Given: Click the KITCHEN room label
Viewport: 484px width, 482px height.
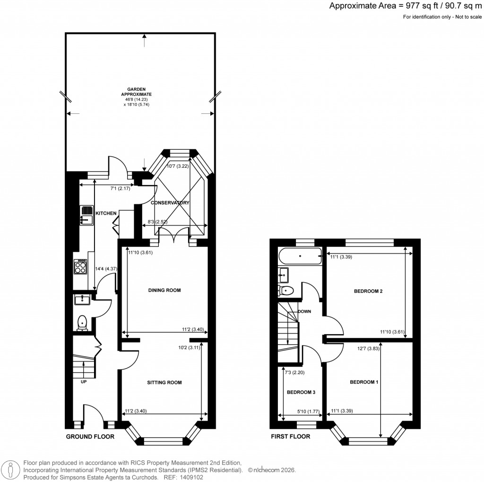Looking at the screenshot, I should (106, 214).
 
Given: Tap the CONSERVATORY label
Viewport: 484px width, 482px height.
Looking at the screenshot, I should (170, 203).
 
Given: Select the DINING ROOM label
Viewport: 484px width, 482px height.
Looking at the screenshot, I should (165, 290).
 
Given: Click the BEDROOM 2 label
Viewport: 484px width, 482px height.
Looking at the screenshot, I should (368, 291).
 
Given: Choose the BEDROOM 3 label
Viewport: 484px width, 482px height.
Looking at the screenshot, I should (301, 392).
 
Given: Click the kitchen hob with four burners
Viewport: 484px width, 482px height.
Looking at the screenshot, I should (80, 267).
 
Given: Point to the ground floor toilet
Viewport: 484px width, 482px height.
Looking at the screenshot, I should (83, 322).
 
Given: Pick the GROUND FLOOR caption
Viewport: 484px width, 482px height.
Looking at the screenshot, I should (90, 437).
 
